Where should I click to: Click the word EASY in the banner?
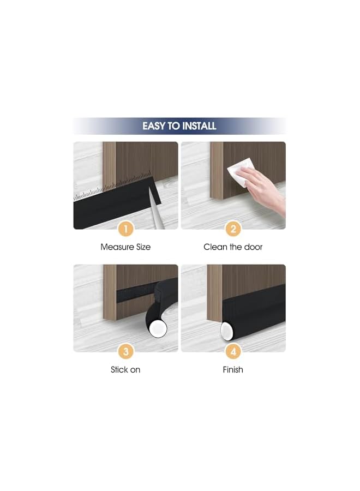(x=154, y=126)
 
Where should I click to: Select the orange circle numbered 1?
(x=125, y=229)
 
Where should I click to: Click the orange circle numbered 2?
(x=233, y=229)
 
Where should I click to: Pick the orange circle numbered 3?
(x=125, y=351)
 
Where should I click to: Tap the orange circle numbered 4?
(x=233, y=351)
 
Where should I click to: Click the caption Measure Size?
(x=125, y=247)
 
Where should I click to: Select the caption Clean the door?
(x=233, y=247)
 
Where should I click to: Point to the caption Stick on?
(x=125, y=370)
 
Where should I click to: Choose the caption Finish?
(x=233, y=370)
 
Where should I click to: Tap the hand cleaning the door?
(x=265, y=185)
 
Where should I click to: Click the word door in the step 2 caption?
(x=253, y=247)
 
